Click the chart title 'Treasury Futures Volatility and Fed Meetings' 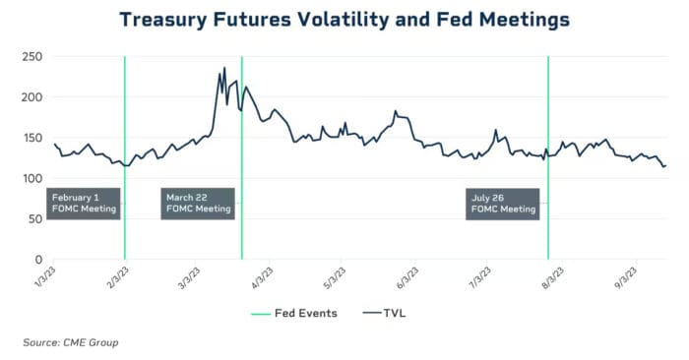(x=344, y=19)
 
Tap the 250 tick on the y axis (x=31, y=57)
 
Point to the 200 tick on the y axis (x=31, y=97)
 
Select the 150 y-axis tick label (x=31, y=139)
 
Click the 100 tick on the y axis (x=31, y=179)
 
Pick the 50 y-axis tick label (x=34, y=219)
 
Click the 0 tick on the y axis (x=37, y=260)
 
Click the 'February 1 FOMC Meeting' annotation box (x=84, y=203)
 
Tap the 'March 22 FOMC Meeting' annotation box (x=199, y=203)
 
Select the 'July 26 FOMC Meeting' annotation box (x=503, y=203)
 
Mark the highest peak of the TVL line (x=224, y=68)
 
